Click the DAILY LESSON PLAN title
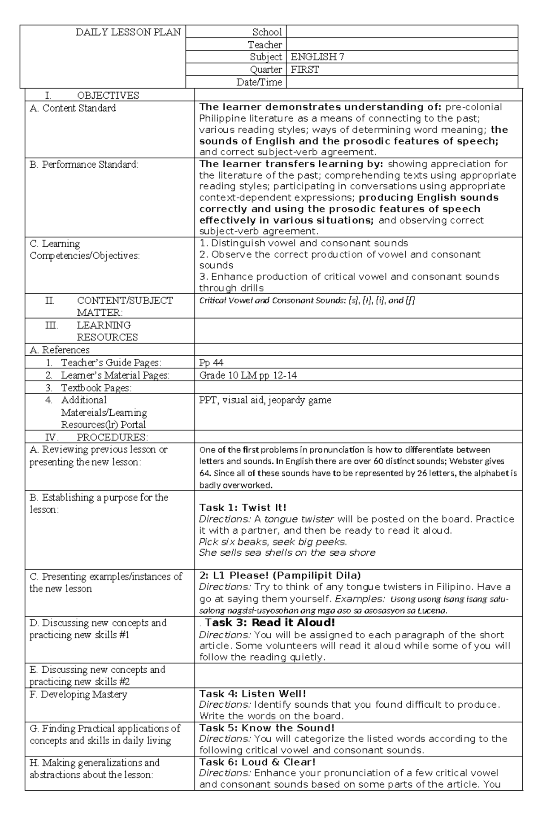[x=128, y=32]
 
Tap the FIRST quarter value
[x=305, y=70]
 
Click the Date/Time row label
[x=259, y=82]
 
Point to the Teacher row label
[x=265, y=44]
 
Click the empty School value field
[x=402, y=32]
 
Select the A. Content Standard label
[x=73, y=108]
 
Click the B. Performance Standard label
[x=84, y=165]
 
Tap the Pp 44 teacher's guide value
[x=211, y=362]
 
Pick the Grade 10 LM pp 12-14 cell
[x=248, y=375]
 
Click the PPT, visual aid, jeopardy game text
[x=265, y=400]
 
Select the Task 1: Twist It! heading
[x=243, y=508]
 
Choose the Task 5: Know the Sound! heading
[x=267, y=728]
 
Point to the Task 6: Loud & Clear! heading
[x=257, y=762]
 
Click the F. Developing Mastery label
[x=78, y=695]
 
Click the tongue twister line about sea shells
[x=287, y=553]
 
